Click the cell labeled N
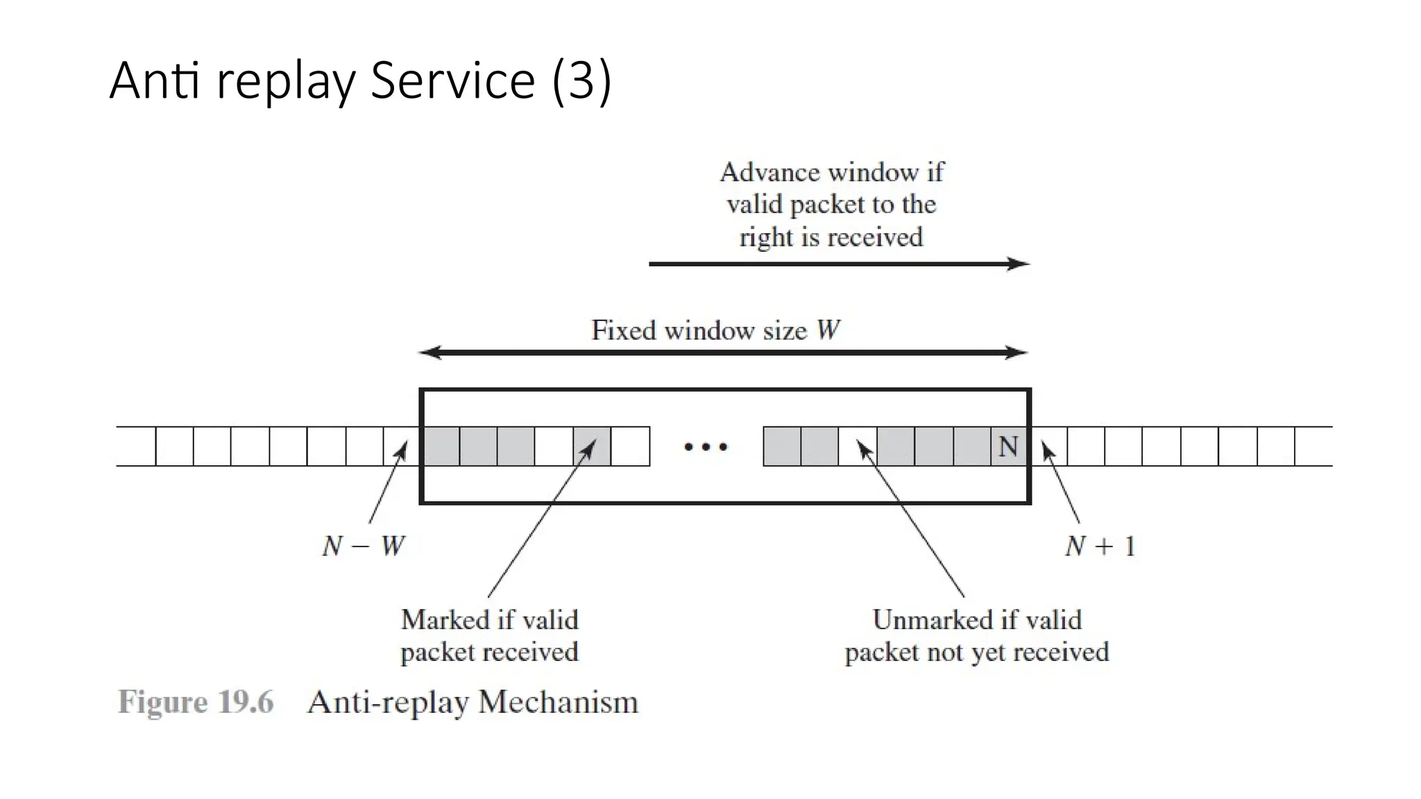1008,447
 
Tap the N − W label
363,547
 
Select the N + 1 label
1100,547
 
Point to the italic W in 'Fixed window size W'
828,330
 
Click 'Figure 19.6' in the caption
196,702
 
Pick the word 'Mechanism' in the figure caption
558,702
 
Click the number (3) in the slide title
581,80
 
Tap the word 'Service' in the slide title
452,80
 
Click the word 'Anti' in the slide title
154,80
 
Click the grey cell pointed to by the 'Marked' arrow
592,447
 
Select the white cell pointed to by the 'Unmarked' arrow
857,447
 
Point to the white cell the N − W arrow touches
402,447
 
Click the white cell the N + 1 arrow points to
1048,447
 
